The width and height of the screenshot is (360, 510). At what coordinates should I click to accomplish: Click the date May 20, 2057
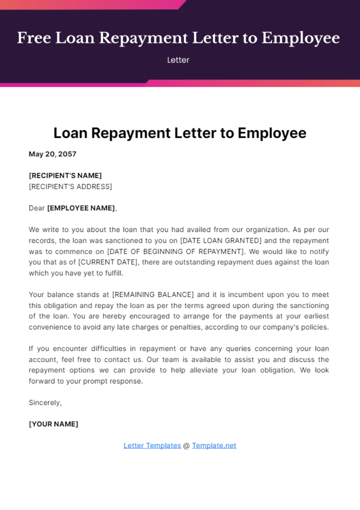click(52, 154)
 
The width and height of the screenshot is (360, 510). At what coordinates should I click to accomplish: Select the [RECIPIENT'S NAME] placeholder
click(65, 175)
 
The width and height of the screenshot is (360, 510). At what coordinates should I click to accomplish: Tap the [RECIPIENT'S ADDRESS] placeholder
click(70, 187)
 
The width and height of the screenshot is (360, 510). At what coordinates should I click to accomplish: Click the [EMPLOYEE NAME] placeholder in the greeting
click(81, 208)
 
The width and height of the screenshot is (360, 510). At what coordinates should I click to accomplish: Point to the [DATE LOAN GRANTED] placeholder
click(221, 241)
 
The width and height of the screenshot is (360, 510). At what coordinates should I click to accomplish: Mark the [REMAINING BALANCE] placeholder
click(153, 295)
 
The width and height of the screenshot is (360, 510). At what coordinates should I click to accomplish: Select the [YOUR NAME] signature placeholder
click(53, 424)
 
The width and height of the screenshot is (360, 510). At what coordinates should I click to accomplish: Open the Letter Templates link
click(152, 445)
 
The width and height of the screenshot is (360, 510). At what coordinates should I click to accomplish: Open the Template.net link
click(214, 445)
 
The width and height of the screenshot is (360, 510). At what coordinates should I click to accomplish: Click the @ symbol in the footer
click(186, 446)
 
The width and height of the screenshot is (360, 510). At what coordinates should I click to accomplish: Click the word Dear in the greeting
click(37, 208)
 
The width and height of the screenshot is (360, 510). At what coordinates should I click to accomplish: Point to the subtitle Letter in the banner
click(178, 60)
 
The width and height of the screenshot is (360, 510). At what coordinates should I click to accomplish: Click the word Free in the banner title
click(34, 38)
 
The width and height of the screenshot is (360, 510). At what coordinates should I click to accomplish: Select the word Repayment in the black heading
click(131, 133)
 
